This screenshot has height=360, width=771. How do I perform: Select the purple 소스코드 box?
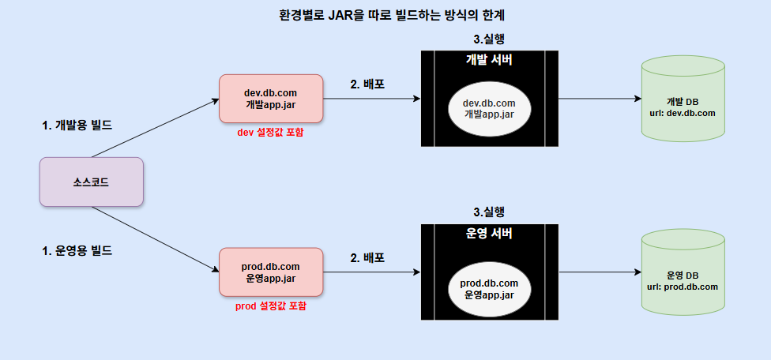coord(91,182)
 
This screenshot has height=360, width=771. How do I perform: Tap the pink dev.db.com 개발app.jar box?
coord(271,99)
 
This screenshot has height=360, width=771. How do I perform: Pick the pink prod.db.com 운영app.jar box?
coord(271,272)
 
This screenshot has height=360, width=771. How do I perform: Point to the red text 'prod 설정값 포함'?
coord(271,306)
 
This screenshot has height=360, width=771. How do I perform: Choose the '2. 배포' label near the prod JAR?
coord(367,257)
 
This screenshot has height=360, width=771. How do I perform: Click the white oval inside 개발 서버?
coord(489,108)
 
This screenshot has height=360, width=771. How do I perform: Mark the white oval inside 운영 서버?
coord(489,288)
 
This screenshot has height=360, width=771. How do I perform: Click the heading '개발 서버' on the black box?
coord(489,61)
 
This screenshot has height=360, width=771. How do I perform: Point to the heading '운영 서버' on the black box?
coord(489,234)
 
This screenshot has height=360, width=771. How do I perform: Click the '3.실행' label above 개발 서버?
coord(488,39)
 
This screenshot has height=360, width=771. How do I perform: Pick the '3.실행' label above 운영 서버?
coord(488,212)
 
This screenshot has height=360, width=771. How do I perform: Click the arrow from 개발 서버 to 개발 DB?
coord(599,99)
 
